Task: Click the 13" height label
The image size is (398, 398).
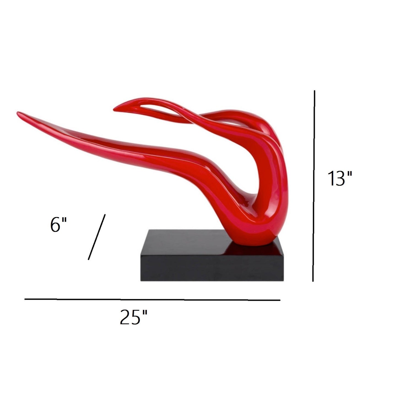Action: [340, 178]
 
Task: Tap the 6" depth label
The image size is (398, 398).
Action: [58, 224]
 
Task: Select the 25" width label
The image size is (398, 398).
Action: [134, 317]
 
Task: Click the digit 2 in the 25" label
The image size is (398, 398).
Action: [126, 317]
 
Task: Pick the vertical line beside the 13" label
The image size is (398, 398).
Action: [314, 186]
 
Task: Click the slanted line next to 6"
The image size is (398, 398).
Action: [97, 237]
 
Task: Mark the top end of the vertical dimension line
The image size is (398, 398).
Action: [314, 91]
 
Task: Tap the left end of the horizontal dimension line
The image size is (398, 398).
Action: [25, 299]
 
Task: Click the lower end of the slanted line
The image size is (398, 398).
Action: [88, 259]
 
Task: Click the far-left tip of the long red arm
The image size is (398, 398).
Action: [18, 113]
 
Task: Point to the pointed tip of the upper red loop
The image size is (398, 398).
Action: [115, 110]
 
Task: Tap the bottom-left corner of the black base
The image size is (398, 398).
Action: [141, 281]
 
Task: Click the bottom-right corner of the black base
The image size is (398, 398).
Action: [284, 281]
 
